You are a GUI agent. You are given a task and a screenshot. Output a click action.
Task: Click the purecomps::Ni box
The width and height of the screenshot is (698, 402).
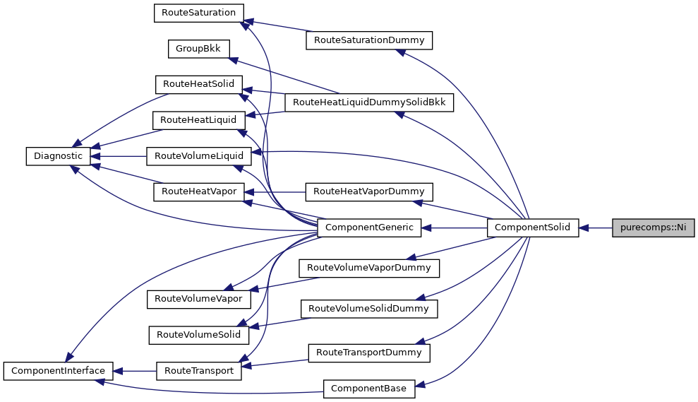[x=653, y=227]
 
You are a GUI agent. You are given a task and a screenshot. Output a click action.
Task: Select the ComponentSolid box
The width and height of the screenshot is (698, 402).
[x=533, y=227]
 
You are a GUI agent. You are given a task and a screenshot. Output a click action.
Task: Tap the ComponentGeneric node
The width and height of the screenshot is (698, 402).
[x=370, y=227]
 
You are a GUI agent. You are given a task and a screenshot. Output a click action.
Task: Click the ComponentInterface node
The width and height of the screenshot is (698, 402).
[x=58, y=370]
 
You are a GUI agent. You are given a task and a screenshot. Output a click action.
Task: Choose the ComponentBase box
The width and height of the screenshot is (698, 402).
[x=369, y=388]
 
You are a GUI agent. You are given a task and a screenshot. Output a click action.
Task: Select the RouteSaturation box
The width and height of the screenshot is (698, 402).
[x=198, y=13]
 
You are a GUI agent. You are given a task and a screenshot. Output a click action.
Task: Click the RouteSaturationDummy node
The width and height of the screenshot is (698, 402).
[x=368, y=40]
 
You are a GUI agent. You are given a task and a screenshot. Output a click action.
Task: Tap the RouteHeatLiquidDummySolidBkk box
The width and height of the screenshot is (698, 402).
[x=368, y=102]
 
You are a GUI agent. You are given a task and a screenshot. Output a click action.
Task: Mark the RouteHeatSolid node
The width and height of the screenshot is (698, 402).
[x=198, y=83]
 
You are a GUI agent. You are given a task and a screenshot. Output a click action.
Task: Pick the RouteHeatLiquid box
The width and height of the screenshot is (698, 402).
[x=198, y=119]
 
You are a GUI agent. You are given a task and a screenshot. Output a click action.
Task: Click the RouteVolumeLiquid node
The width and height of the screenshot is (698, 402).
[x=198, y=155]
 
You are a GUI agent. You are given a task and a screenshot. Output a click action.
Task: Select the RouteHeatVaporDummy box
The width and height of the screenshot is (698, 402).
[x=368, y=191]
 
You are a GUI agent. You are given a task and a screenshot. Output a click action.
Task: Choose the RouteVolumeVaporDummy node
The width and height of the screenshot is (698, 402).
[x=368, y=268]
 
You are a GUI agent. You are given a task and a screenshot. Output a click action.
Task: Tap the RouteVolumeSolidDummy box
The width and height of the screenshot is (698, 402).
[x=368, y=309]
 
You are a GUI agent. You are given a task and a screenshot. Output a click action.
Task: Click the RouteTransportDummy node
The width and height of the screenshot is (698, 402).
[x=368, y=352]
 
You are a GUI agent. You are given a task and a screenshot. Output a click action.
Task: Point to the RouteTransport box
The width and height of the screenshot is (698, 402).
[x=198, y=370]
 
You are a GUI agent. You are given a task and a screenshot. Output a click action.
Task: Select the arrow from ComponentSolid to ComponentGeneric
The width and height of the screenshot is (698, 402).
[x=455, y=227]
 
